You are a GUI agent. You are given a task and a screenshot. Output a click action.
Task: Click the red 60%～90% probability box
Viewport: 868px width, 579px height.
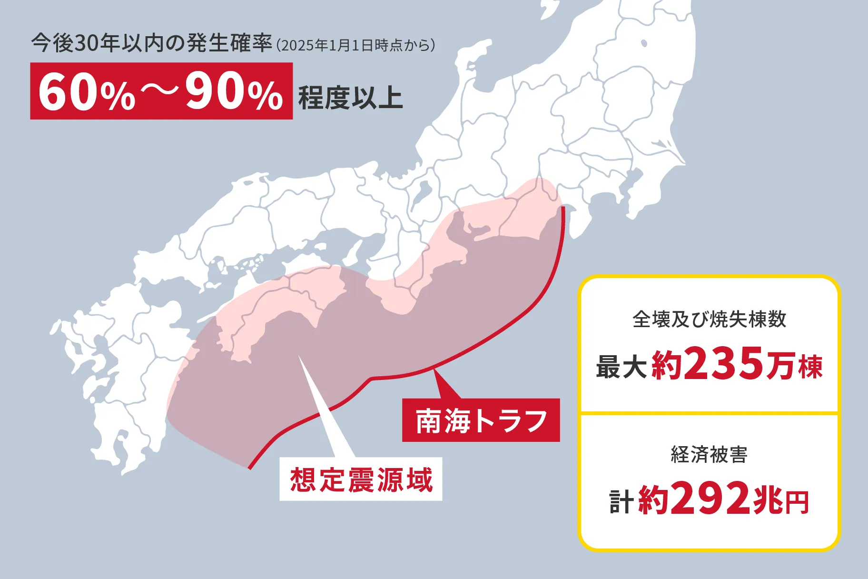pyautogui.click(x=161, y=91)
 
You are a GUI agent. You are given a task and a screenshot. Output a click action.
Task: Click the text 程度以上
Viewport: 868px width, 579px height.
pyautogui.click(x=350, y=98)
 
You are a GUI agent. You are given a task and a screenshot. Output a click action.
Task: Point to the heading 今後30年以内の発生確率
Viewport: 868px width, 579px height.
pyautogui.click(x=151, y=43)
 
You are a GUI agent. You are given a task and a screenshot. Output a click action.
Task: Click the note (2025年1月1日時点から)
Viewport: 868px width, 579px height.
pyautogui.click(x=355, y=46)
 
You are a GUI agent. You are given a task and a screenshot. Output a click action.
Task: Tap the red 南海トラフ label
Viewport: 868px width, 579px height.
pyautogui.click(x=481, y=420)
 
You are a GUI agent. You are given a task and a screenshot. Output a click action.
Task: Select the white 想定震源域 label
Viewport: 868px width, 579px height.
pyautogui.click(x=361, y=479)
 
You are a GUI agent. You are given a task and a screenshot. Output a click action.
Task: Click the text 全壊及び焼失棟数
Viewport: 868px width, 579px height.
pyautogui.click(x=709, y=319)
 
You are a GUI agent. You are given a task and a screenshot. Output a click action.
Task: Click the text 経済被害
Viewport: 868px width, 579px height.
pyautogui.click(x=709, y=454)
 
